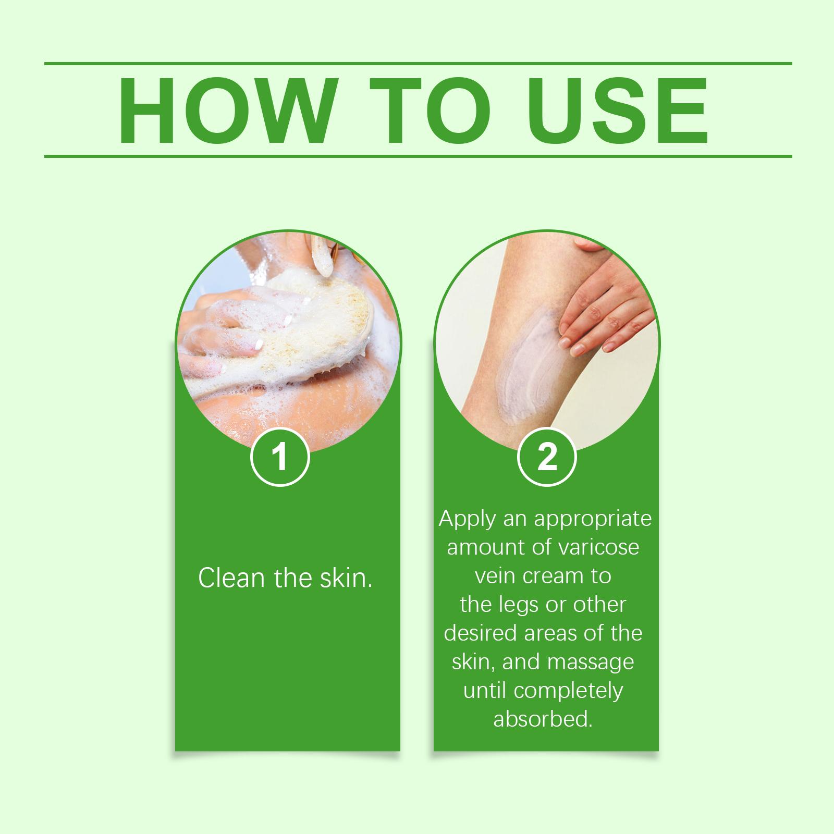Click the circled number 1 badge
[280, 457]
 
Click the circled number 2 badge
[547, 457]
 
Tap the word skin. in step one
[346, 578]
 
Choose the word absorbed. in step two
[543, 719]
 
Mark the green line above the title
[418, 64]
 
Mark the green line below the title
[418, 156]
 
